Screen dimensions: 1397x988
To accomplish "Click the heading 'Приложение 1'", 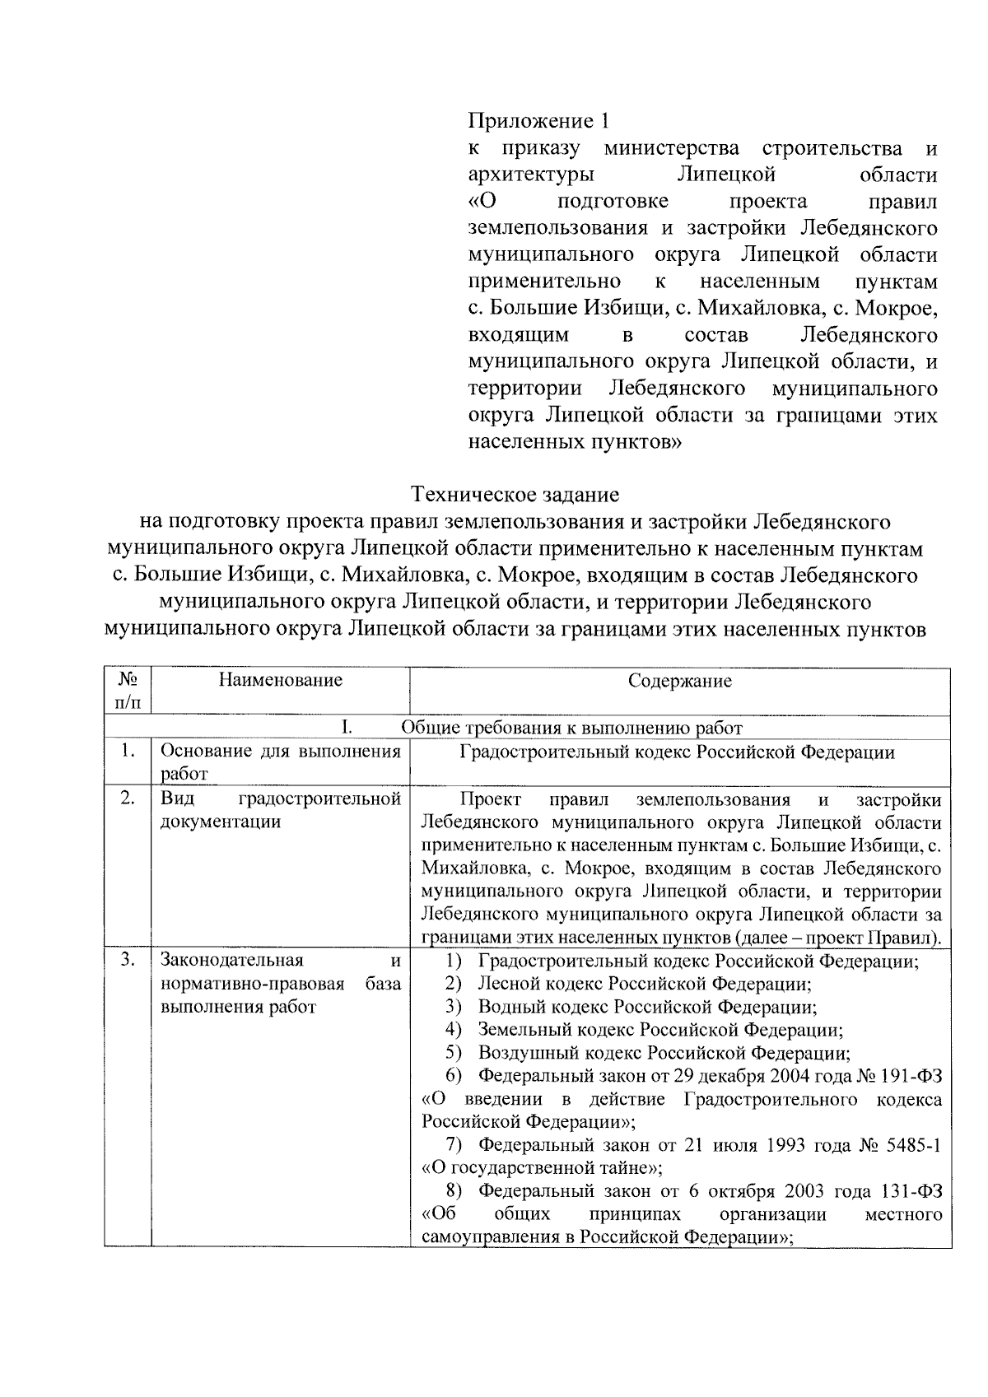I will pyautogui.click(x=540, y=122).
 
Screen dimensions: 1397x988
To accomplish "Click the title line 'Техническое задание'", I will pyautogui.click(x=515, y=495).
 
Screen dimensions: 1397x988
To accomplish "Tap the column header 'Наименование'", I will pyautogui.click(x=280, y=680).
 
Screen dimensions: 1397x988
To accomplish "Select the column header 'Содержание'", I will pyautogui.click(x=679, y=681).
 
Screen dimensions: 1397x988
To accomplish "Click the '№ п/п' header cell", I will pyautogui.click(x=128, y=691).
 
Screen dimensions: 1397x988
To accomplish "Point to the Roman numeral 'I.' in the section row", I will pyautogui.click(x=347, y=728).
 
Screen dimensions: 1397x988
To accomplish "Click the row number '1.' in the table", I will pyautogui.click(x=127, y=752).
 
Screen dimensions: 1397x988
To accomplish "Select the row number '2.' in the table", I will pyautogui.click(x=127, y=799).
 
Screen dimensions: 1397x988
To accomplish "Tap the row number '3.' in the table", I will pyautogui.click(x=127, y=960).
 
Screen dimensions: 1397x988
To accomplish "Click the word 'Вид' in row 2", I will pyautogui.click(x=176, y=799).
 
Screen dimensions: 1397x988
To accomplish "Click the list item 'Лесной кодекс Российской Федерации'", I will pyautogui.click(x=644, y=984).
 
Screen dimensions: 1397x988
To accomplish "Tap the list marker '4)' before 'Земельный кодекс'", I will pyautogui.click(x=453, y=1030).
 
